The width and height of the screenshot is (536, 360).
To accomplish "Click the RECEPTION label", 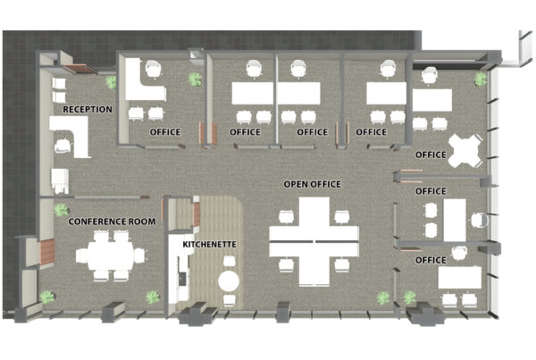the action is [x=88, y=109].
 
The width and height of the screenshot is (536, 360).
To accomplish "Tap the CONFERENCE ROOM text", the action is [x=113, y=222].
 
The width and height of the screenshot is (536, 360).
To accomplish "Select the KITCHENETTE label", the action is [x=209, y=245].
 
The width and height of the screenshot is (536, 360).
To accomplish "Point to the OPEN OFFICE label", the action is [x=313, y=184].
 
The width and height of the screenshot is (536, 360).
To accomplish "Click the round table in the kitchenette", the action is [x=229, y=281].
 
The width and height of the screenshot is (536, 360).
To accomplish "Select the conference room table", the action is [x=111, y=255].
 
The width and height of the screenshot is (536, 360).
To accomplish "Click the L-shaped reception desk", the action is [x=71, y=135].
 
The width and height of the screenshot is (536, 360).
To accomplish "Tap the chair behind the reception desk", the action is [x=63, y=146].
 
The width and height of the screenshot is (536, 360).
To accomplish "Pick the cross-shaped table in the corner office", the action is [x=465, y=151].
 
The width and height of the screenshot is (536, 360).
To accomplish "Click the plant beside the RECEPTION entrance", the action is [x=111, y=82].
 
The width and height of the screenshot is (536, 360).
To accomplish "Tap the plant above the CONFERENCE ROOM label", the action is [x=61, y=210].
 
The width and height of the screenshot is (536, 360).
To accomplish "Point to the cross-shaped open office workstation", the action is [x=314, y=242].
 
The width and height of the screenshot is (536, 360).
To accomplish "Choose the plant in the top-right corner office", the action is [x=481, y=79].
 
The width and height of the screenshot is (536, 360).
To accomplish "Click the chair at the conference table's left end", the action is [x=81, y=255].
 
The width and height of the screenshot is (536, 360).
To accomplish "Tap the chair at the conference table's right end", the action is [x=139, y=255].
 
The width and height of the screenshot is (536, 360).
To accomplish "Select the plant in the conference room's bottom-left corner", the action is [x=46, y=297].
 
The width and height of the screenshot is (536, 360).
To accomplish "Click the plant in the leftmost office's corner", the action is [x=195, y=79].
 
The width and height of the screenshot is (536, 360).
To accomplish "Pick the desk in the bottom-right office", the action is [x=460, y=277].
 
